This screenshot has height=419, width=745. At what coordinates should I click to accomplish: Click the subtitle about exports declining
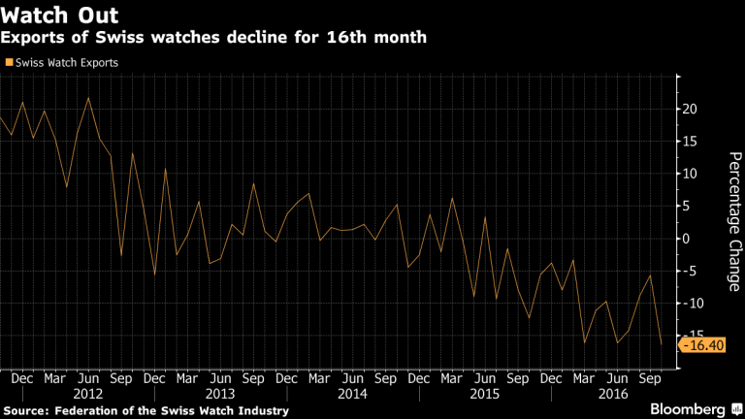point(214,38)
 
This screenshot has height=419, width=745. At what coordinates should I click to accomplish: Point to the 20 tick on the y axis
point(691,109)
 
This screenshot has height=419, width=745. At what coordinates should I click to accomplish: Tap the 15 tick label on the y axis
point(691,142)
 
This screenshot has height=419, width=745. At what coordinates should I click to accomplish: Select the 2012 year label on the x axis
point(87,395)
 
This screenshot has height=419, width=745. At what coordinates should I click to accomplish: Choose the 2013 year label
point(221,395)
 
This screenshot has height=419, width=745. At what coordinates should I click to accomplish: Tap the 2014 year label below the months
point(353,395)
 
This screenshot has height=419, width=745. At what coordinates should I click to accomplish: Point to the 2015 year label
point(485,395)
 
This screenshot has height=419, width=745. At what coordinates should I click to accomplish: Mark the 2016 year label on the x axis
point(616,395)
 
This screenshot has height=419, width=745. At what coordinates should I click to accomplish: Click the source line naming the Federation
point(146,411)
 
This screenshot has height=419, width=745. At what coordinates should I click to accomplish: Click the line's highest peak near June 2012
point(88,98)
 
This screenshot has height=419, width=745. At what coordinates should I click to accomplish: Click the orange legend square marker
point(9,62)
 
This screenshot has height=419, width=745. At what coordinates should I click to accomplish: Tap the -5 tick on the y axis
point(691,271)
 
